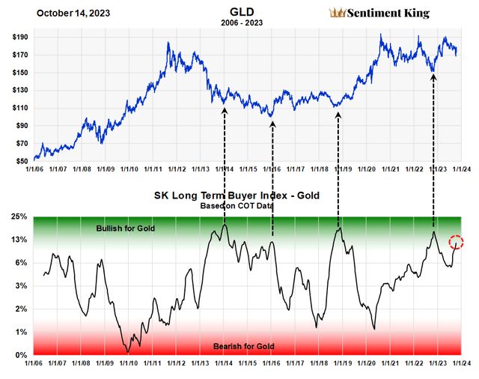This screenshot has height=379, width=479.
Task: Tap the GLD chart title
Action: (x=235, y=12)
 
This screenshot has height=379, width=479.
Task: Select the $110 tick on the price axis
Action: (x=20, y=108)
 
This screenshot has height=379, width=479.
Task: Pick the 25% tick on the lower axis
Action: (x=19, y=217)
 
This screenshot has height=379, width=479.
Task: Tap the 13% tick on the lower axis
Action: (x=19, y=240)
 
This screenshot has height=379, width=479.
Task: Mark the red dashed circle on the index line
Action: (x=457, y=242)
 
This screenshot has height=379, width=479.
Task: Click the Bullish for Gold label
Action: (x=126, y=228)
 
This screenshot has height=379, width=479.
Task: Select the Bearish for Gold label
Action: (x=244, y=346)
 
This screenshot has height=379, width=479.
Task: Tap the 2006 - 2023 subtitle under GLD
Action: (x=235, y=23)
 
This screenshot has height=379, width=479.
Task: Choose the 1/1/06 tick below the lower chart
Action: (x=34, y=365)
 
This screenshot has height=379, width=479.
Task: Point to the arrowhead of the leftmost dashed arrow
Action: (x=224, y=111)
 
